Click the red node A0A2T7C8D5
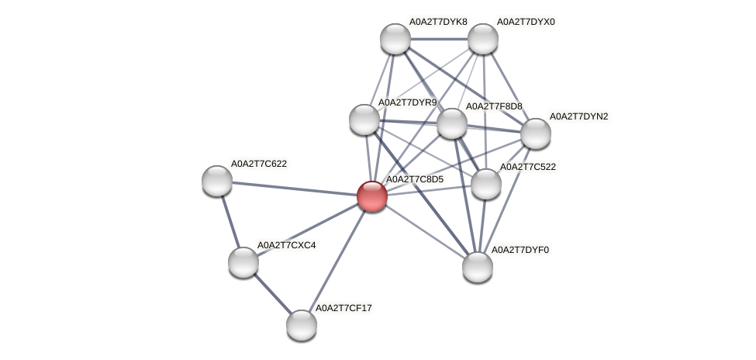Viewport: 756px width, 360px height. [x=371, y=196]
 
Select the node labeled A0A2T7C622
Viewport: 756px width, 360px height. [x=217, y=180]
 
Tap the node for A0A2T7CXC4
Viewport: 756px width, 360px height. [x=243, y=261]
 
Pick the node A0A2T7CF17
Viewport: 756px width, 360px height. [x=302, y=324]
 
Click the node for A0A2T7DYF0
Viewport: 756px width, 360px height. [x=478, y=266]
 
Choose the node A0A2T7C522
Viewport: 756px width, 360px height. [x=486, y=184]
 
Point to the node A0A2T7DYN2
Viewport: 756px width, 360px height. [x=535, y=133]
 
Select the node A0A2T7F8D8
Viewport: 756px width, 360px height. [x=451, y=123]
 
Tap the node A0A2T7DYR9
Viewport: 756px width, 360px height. [x=364, y=119]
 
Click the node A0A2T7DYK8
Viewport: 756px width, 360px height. [x=395, y=38]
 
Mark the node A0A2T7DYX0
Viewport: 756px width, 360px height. [x=482, y=38]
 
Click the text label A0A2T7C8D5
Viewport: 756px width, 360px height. [x=415, y=179]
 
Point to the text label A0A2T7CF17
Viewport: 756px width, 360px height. [x=344, y=308]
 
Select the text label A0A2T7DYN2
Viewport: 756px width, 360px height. [x=579, y=116]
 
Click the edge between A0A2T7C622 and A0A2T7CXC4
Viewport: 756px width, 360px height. [x=230, y=221]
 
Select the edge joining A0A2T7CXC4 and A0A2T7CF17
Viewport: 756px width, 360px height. [x=272, y=293]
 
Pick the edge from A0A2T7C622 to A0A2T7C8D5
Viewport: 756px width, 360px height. [x=295, y=189]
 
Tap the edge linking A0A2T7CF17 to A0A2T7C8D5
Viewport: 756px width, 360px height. [x=337, y=261]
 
